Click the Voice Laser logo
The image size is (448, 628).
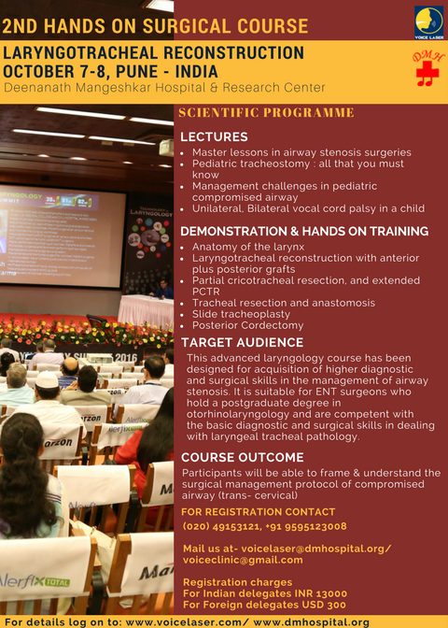pos(428,22)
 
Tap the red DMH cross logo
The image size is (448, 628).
pos(427,68)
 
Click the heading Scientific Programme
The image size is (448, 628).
pos(266,112)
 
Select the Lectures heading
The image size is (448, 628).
pos(214,136)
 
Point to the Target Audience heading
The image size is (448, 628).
pos(242,342)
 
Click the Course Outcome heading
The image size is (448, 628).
pos(243,457)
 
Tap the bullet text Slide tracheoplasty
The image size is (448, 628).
pos(241,314)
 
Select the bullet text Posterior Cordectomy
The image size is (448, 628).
pos(248,325)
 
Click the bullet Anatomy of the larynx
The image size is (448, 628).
pos(248,247)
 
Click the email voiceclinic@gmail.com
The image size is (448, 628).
pos(243,560)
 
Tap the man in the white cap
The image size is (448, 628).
pos(48,396)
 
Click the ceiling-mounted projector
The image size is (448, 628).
pos(167,148)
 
